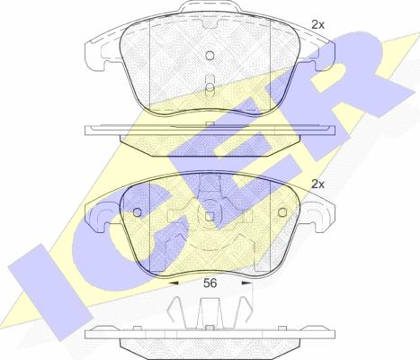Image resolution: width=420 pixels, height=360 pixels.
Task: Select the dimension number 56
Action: point(210,282)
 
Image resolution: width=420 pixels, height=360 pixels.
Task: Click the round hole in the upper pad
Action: point(210,56)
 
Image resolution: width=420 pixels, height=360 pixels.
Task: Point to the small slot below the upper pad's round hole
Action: point(210,87)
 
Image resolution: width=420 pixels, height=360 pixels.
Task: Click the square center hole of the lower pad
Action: point(210,216)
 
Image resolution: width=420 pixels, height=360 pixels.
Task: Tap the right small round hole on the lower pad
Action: point(281,215)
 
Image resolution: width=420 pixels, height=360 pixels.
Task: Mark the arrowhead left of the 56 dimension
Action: point(174,282)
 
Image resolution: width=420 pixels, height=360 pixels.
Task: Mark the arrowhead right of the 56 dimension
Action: point(246,282)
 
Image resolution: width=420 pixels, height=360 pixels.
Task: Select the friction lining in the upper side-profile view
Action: point(210,141)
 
